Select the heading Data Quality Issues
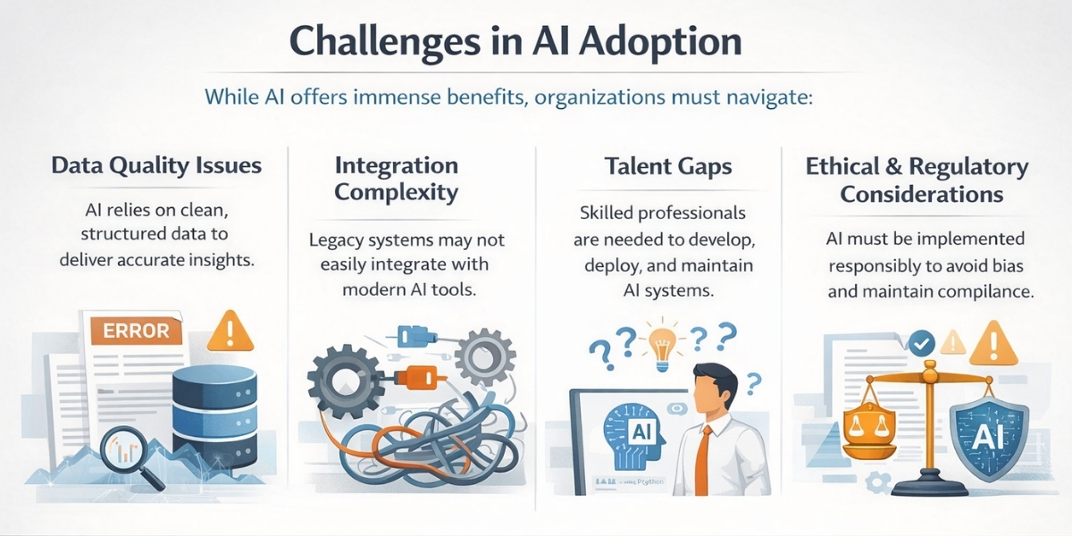point(156,165)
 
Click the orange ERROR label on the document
point(136,330)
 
